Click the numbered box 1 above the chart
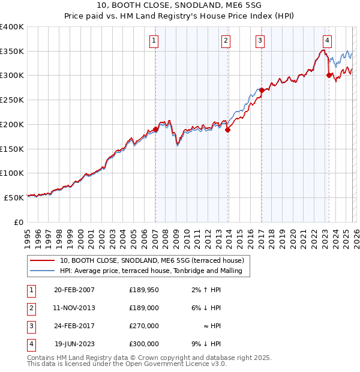pos(154,41)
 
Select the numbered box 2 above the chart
pos(226,41)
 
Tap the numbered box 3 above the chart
pos(260,41)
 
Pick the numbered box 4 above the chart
pos(327,41)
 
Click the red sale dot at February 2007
pos(155,129)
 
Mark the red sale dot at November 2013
pos(228,130)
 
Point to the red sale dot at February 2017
pos(262,90)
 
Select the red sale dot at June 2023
pos(329,75)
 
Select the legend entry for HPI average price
pos(151,271)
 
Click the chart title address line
pos(180,5)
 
